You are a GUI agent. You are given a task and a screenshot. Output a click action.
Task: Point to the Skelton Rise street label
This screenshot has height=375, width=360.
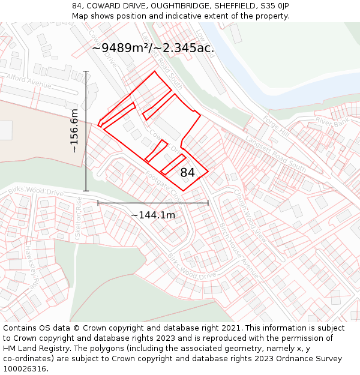pyautogui.click(x=78, y=220)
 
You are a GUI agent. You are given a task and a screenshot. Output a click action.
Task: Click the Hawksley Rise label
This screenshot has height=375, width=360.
pyautogui.click(x=33, y=265)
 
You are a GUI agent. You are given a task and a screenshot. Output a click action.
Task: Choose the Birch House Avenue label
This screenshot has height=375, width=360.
pyautogui.click(x=238, y=253)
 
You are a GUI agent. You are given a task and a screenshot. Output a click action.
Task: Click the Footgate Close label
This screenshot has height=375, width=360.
pyautogui.click(x=163, y=185)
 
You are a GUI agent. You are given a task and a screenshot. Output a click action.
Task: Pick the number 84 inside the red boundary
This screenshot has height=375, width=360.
pyautogui.click(x=188, y=172)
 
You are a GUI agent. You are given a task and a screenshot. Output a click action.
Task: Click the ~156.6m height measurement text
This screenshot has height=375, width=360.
pyautogui.click(x=74, y=131)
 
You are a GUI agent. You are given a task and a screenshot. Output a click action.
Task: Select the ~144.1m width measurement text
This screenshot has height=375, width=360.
pyautogui.click(x=153, y=215)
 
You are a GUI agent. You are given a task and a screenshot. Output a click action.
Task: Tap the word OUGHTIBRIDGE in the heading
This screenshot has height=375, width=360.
pyautogui.click(x=179, y=6)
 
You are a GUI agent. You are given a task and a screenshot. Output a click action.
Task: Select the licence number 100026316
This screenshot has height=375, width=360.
pyautogui.click(x=25, y=369)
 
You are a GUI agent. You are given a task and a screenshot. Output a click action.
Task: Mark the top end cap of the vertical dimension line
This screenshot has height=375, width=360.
pyautogui.click(x=86, y=71)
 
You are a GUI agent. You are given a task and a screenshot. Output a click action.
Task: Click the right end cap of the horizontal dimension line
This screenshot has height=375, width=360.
pyautogui.click(x=208, y=203)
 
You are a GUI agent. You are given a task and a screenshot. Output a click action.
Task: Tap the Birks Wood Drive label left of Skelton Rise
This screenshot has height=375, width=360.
pyautogui.click(x=36, y=192)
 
